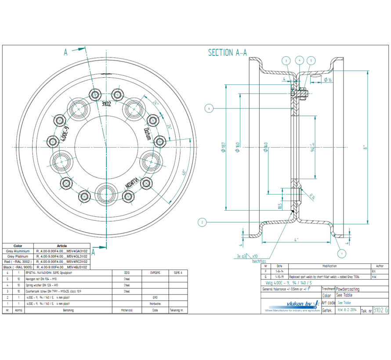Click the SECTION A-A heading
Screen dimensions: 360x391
click(227, 53)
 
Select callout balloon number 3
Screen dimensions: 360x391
click(286, 61)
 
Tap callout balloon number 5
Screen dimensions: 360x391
click(311, 61)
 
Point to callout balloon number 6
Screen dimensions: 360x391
click(209, 108)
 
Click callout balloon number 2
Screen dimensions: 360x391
click(202, 222)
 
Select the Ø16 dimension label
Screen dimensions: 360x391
click(327, 79)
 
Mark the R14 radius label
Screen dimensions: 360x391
click(312, 197)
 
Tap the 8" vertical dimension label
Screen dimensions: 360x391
click(364, 148)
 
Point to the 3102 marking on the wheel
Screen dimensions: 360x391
click(106, 104)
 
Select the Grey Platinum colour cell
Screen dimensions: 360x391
click(18, 256)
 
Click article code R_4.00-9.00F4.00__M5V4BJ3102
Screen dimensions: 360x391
click(62, 267)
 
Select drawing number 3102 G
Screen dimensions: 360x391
click(380, 310)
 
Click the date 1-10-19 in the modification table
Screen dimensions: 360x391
click(279, 277)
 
